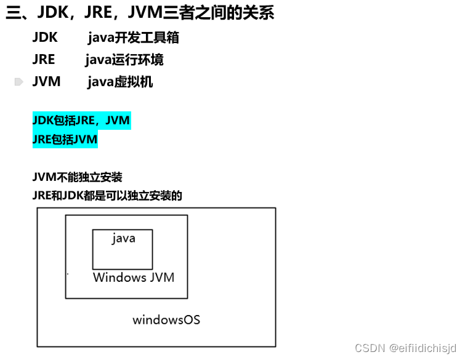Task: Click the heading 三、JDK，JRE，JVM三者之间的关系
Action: [x=140, y=13]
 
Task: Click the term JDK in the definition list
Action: [x=45, y=38]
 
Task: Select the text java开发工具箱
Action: [x=133, y=38]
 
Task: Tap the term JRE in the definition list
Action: [x=44, y=60]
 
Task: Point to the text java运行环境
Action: [x=124, y=60]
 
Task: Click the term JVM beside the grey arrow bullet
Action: [x=46, y=82]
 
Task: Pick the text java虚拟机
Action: [x=120, y=82]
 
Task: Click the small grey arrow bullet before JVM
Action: [x=19, y=82]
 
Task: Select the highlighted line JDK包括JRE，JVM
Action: [x=81, y=120]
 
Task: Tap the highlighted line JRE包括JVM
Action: [x=65, y=140]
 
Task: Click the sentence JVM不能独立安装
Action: [x=78, y=177]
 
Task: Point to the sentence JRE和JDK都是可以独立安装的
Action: [x=108, y=196]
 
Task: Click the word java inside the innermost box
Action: [x=123, y=238]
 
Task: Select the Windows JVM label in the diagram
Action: [x=134, y=278]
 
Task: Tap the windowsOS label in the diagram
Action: [x=166, y=320]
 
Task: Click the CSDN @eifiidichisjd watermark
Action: [x=406, y=348]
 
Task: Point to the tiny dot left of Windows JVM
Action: [x=67, y=274]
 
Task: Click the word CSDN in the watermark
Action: [x=370, y=348]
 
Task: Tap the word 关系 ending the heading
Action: [x=262, y=13]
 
